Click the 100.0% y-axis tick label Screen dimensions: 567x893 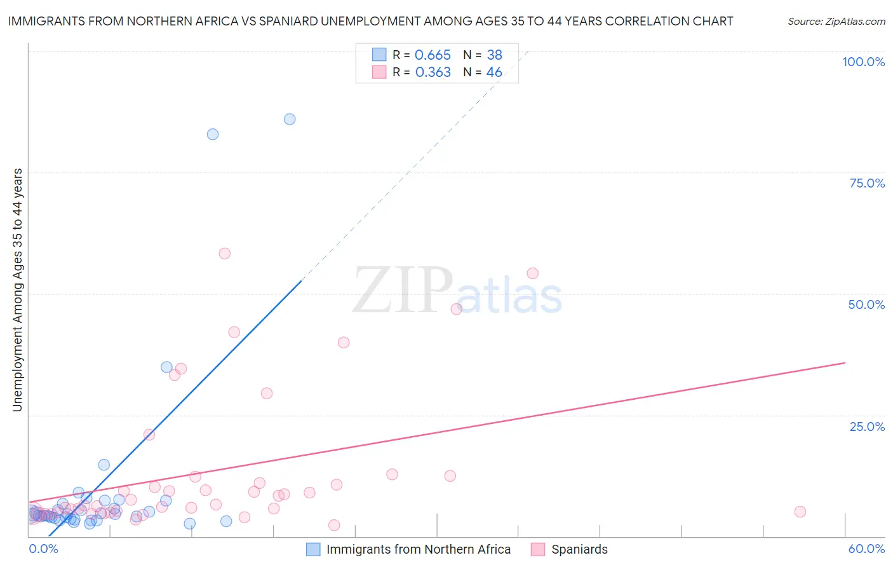point(863,62)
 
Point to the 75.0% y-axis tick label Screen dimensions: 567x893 point(867,183)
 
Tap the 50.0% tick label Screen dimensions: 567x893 point(866,304)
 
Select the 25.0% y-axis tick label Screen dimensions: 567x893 point(867,426)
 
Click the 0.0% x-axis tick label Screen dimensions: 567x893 point(43,549)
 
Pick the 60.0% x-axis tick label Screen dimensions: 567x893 point(866,549)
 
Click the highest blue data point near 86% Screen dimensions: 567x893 point(290,119)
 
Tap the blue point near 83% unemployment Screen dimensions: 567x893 point(213,134)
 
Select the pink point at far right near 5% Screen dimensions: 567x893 point(800,512)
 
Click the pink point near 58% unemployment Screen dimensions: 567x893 point(224,253)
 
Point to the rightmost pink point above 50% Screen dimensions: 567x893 point(533,273)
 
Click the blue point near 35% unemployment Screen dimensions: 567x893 point(166,367)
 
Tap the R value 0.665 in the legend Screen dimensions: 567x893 point(433,55)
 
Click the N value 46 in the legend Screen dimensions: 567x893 point(494,72)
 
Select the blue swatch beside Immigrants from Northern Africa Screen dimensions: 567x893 point(313,549)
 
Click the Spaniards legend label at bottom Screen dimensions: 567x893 point(579,549)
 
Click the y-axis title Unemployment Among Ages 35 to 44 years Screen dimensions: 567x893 point(17,290)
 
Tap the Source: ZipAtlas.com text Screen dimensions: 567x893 point(836,22)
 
